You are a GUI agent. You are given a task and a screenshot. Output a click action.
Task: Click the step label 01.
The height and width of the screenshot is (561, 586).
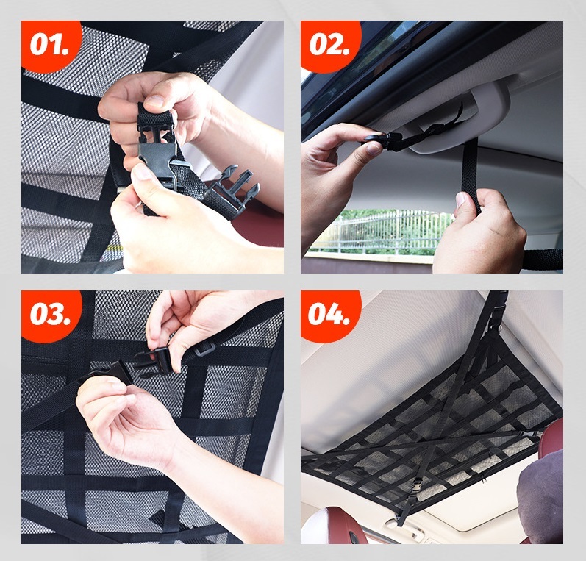(x=49, y=44)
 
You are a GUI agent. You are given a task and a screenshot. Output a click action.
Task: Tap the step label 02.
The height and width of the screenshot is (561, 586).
(x=329, y=44)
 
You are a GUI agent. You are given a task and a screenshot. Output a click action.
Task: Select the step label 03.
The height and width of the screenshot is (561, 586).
(x=50, y=314)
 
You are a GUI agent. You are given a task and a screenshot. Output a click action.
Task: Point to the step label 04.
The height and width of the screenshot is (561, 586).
(x=329, y=314)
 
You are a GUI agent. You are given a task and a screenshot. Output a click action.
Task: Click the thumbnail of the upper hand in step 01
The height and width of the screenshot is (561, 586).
(x=154, y=101)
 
